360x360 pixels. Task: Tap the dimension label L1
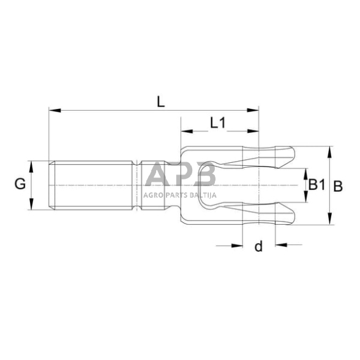218,122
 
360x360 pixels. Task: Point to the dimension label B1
315,184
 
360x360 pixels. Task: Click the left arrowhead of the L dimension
53,111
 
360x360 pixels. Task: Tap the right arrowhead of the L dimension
253,111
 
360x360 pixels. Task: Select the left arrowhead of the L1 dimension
186,130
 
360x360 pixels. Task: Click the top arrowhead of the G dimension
30,163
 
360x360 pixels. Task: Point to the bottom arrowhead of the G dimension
30,206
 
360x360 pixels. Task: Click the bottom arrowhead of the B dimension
330,221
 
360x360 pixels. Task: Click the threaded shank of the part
92,185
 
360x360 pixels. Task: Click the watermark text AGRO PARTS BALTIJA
179,195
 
